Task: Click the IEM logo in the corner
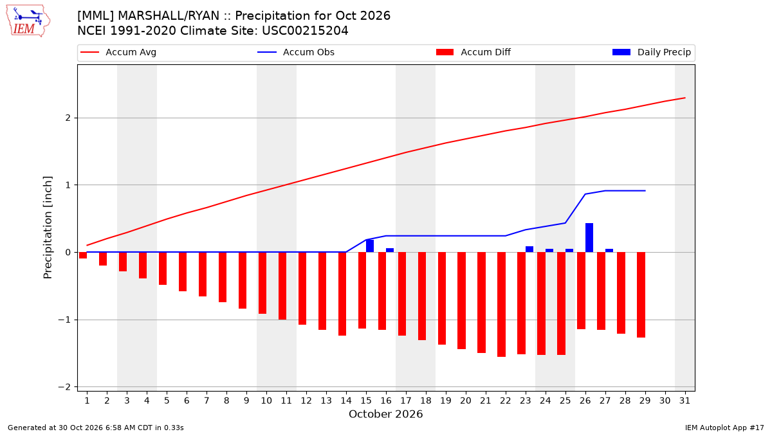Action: click(x=28, y=21)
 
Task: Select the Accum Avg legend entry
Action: click(x=118, y=52)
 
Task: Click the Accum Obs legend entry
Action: click(x=296, y=52)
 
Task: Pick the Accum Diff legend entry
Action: click(x=473, y=52)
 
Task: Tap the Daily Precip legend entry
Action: click(x=651, y=52)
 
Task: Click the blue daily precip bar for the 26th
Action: click(x=589, y=238)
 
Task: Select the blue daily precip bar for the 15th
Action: click(x=370, y=246)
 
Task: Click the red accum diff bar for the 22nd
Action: click(x=501, y=305)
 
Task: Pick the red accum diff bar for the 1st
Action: click(x=83, y=255)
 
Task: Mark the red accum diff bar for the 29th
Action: click(x=641, y=295)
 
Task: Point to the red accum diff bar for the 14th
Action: click(x=342, y=294)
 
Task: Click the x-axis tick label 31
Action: click(x=685, y=401)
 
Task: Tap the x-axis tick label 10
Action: click(x=266, y=401)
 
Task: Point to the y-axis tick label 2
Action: click(x=68, y=118)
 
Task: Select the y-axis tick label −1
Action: click(x=64, y=320)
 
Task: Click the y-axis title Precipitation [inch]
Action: click(x=48, y=228)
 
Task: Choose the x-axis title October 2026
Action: click(x=385, y=414)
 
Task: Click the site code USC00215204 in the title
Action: click(x=305, y=31)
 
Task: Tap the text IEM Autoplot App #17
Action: click(x=724, y=428)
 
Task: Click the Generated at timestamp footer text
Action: click(x=96, y=428)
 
